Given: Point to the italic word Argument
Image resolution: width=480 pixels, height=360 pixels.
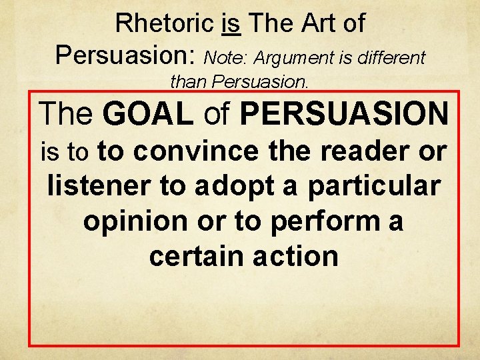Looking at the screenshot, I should [289, 58].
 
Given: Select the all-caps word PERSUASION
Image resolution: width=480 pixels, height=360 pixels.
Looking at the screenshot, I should [344, 114].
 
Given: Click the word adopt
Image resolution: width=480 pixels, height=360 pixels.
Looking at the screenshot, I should [227, 187].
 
